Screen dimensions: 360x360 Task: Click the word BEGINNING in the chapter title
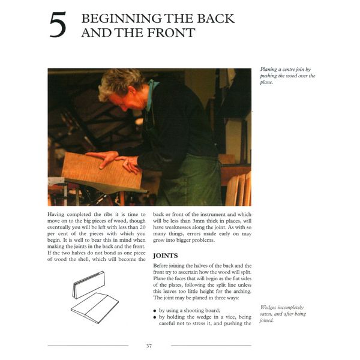116,19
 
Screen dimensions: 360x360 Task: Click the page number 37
149,346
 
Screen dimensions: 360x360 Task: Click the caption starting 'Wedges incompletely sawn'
283,313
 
